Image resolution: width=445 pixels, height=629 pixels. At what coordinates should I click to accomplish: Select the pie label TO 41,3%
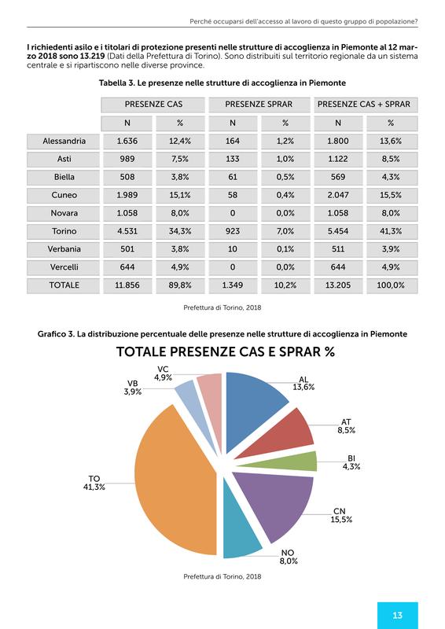click(94, 483)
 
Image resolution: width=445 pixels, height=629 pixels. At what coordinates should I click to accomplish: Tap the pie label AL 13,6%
click(303, 384)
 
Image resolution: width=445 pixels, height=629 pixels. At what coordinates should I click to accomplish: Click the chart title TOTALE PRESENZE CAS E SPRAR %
click(226, 351)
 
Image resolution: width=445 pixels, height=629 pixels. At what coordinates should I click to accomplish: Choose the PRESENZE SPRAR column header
click(259, 105)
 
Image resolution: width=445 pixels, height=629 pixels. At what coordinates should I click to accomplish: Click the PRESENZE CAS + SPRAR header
click(364, 105)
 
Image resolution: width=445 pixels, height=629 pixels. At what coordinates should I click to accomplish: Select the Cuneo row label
click(64, 195)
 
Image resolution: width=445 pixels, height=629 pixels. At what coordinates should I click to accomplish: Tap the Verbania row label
click(64, 249)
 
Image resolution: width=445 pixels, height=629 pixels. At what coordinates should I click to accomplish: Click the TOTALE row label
click(64, 285)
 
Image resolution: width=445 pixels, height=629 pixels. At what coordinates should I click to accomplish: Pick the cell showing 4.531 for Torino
click(127, 231)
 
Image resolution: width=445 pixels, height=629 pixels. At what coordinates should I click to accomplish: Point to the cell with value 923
click(233, 231)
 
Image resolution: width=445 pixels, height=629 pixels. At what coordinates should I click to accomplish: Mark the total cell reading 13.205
click(338, 285)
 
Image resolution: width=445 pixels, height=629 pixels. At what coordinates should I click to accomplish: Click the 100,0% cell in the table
click(391, 285)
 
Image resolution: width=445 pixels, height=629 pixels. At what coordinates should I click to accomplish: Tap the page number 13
click(397, 615)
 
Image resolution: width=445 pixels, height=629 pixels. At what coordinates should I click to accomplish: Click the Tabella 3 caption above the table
click(222, 83)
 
